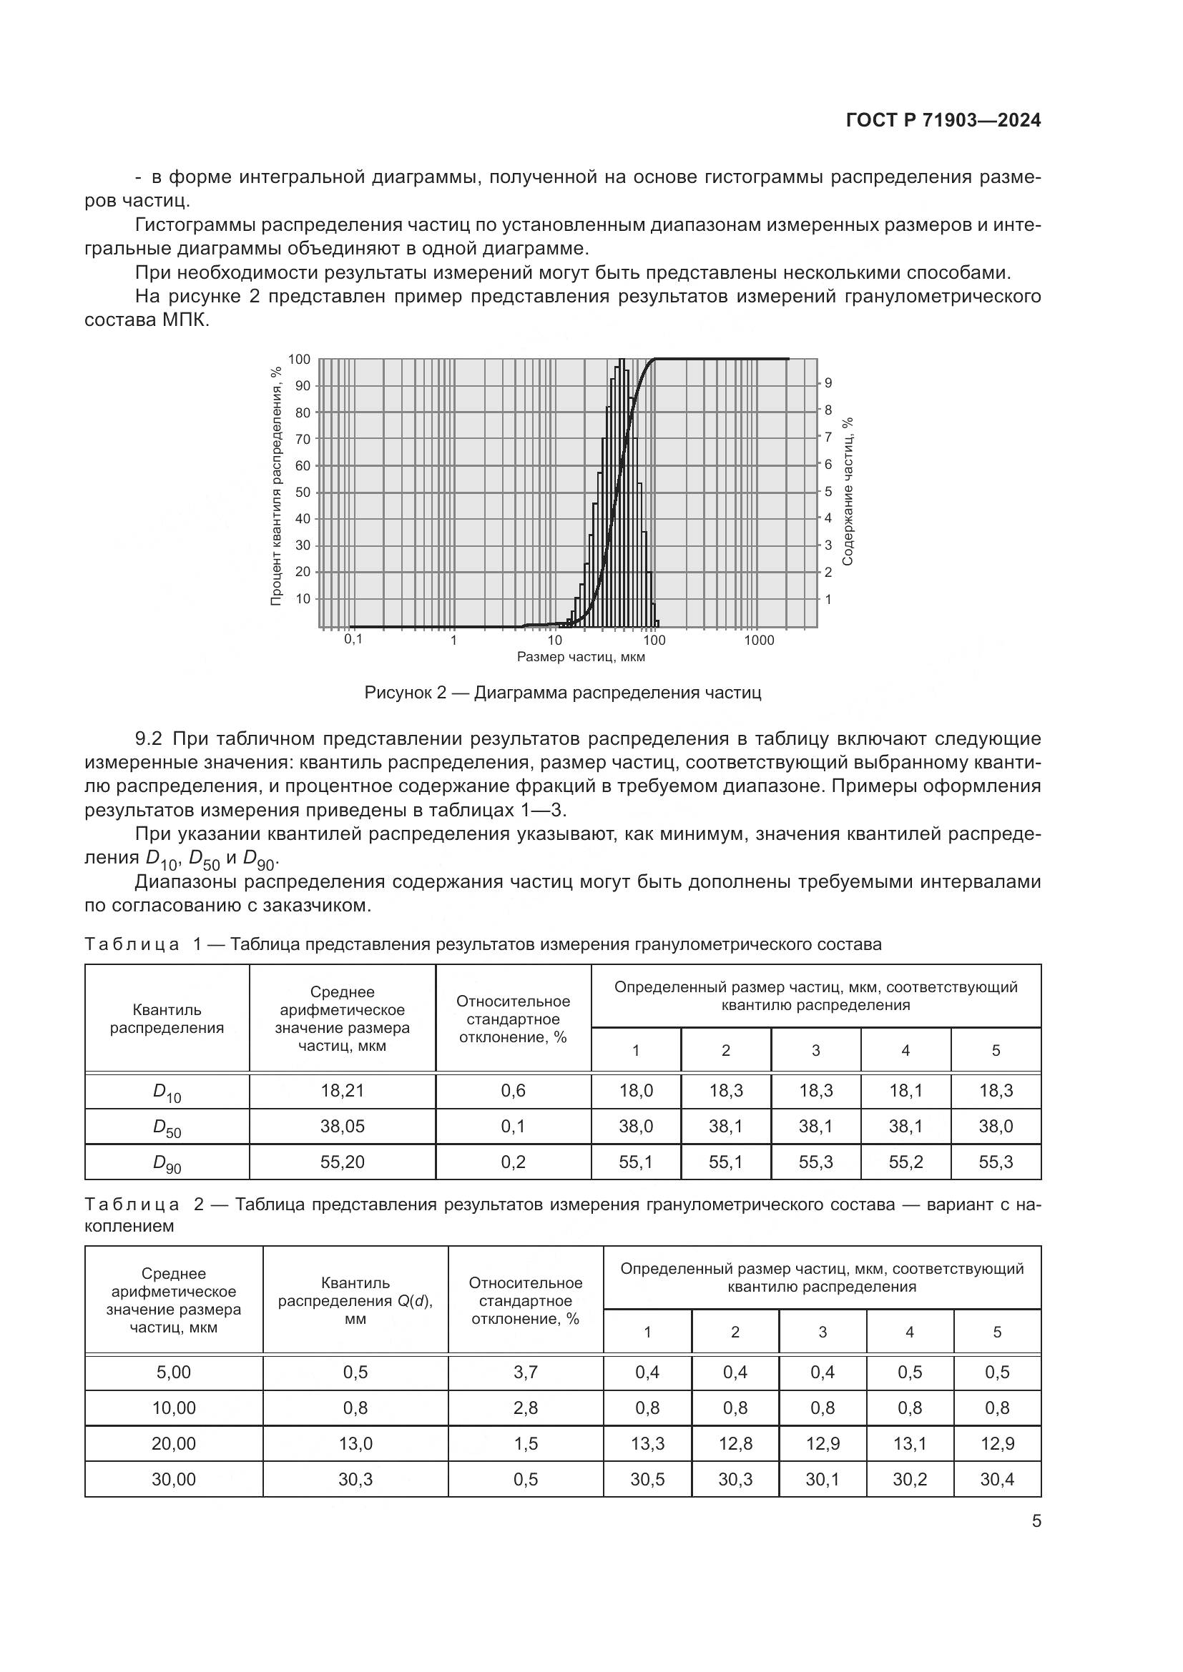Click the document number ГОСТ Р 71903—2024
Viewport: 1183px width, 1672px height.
tap(943, 121)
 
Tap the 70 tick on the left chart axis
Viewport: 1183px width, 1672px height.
tap(303, 439)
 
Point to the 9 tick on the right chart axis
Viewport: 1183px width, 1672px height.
tap(828, 383)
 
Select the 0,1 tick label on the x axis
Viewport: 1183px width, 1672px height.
tap(353, 639)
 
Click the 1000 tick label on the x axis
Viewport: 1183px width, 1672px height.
tap(759, 640)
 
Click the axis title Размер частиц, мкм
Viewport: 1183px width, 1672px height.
tap(581, 657)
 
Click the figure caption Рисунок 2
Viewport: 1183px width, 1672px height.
tap(562, 693)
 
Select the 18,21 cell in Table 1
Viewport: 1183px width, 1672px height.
tap(343, 1090)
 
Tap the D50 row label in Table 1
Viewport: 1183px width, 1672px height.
tap(167, 1127)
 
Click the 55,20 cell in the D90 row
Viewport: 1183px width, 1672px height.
tap(343, 1162)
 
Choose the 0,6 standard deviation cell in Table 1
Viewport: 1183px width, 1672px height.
tap(513, 1090)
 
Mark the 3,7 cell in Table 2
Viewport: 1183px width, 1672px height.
tap(525, 1372)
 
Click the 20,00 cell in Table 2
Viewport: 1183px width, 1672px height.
tap(173, 1443)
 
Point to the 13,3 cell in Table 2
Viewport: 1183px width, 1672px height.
tap(647, 1443)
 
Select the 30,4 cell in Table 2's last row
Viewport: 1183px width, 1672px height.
tap(996, 1479)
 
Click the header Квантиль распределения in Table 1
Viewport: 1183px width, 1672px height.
tap(167, 1019)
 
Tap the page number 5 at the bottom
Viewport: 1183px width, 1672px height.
tap(1036, 1521)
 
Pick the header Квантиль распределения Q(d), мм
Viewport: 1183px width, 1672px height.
tap(355, 1300)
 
